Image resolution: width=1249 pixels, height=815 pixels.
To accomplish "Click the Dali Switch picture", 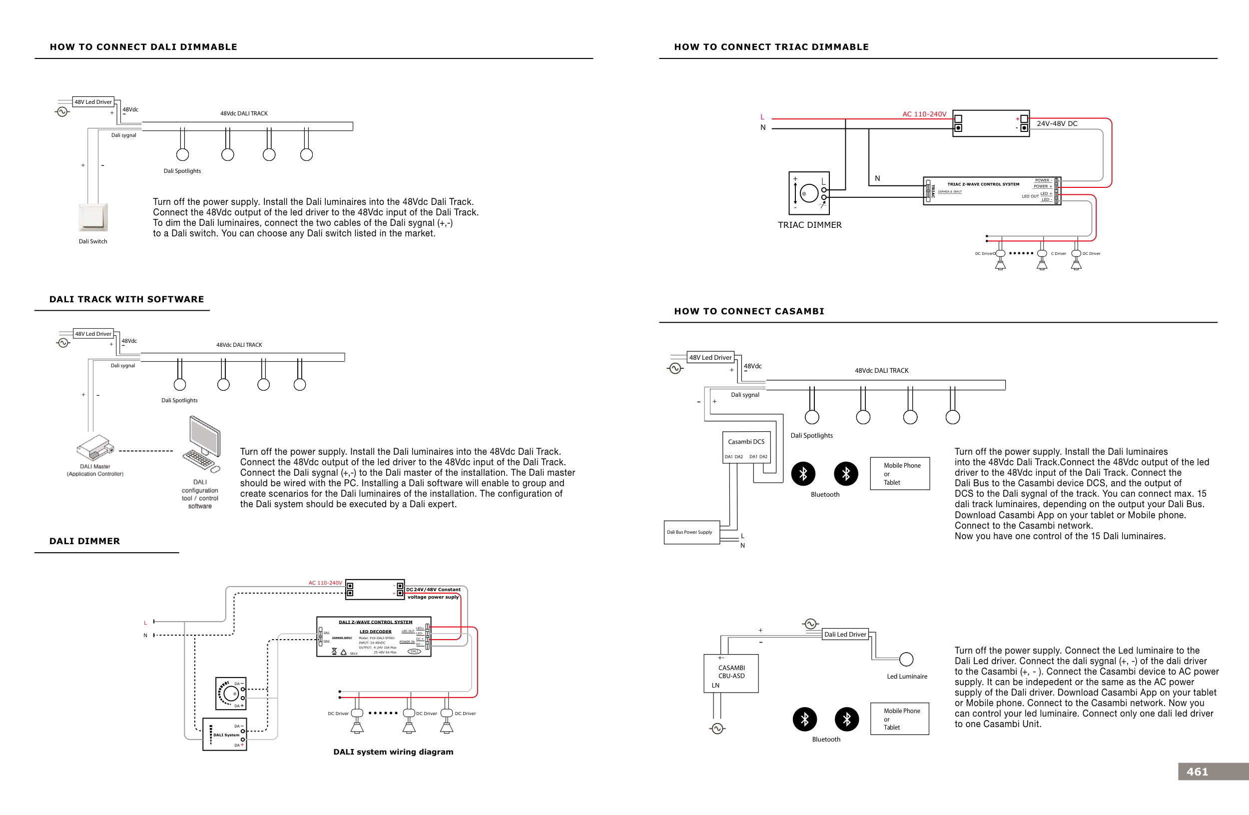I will pos(93,217).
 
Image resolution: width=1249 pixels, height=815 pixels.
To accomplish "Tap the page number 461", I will pos(1197,772).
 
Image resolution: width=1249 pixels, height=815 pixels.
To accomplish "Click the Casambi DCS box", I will pos(746,448).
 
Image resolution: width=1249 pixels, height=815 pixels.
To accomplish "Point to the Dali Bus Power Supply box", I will pos(691,532).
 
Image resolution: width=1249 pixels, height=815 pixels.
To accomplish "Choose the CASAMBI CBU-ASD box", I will pos(730,673).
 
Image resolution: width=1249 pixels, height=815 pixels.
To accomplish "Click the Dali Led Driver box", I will pos(845,634).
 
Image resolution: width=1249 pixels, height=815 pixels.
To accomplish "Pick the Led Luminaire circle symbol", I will pos(906,659).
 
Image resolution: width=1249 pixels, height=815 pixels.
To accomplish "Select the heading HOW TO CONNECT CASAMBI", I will pos(749,311).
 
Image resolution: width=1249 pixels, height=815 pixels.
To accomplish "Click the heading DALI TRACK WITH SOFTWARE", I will pos(126,299).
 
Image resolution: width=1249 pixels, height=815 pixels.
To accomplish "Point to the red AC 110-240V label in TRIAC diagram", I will pos(924,114).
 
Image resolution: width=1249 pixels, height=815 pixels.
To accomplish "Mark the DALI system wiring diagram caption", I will pos(393,752).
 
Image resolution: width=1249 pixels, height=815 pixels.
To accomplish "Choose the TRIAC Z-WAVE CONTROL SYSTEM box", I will pos(991,191).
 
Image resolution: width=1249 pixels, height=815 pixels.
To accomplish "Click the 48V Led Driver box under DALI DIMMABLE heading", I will pos(93,102).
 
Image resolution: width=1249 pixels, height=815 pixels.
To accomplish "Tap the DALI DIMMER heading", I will pos(84,541).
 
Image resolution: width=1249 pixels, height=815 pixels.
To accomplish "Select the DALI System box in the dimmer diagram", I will pos(225,735).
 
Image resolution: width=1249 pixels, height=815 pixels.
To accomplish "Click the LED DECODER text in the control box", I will pos(375,631).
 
